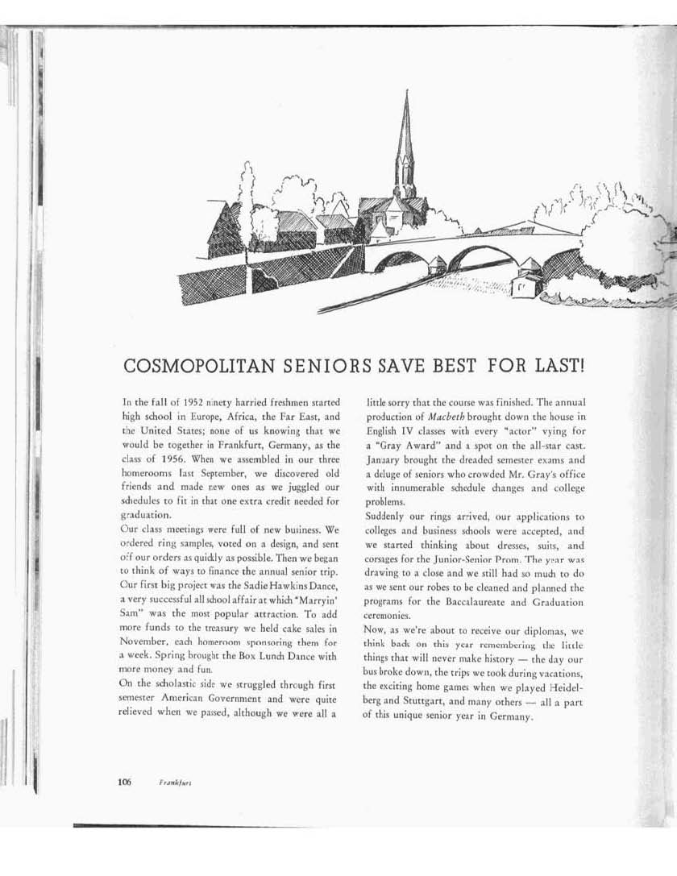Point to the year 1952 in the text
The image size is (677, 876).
[190, 401]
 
